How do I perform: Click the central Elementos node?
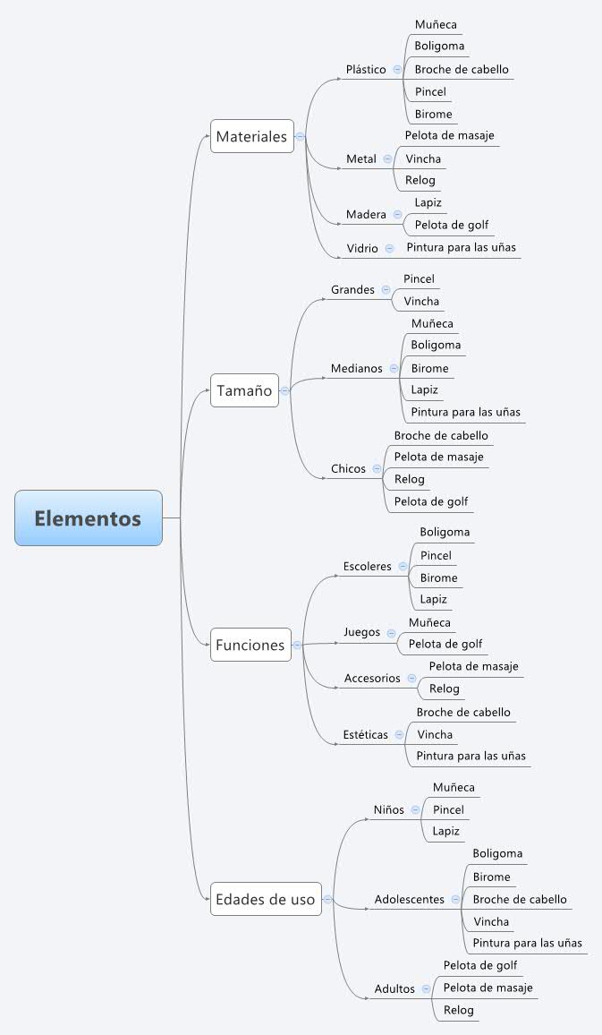[x=88, y=517]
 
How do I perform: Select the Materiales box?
[x=251, y=136]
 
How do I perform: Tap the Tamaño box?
[x=244, y=390]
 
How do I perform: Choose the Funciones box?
[x=250, y=645]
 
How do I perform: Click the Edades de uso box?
[x=266, y=899]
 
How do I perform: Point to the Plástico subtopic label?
[x=366, y=69]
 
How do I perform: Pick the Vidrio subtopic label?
[x=362, y=248]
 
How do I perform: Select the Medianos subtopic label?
[x=356, y=368]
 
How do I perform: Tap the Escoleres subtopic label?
[x=367, y=566]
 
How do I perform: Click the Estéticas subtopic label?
[x=365, y=734]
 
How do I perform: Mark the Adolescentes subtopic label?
[x=409, y=899]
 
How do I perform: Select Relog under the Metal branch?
[x=420, y=180]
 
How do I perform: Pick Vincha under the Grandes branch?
[x=421, y=301]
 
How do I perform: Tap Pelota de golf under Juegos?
[x=445, y=644]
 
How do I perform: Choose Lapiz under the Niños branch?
[x=445, y=831]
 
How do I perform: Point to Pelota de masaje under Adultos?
[x=488, y=988]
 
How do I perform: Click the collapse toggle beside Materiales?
[x=300, y=136]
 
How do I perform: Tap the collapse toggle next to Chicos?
[x=377, y=468]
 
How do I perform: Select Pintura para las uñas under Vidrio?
[x=461, y=247]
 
